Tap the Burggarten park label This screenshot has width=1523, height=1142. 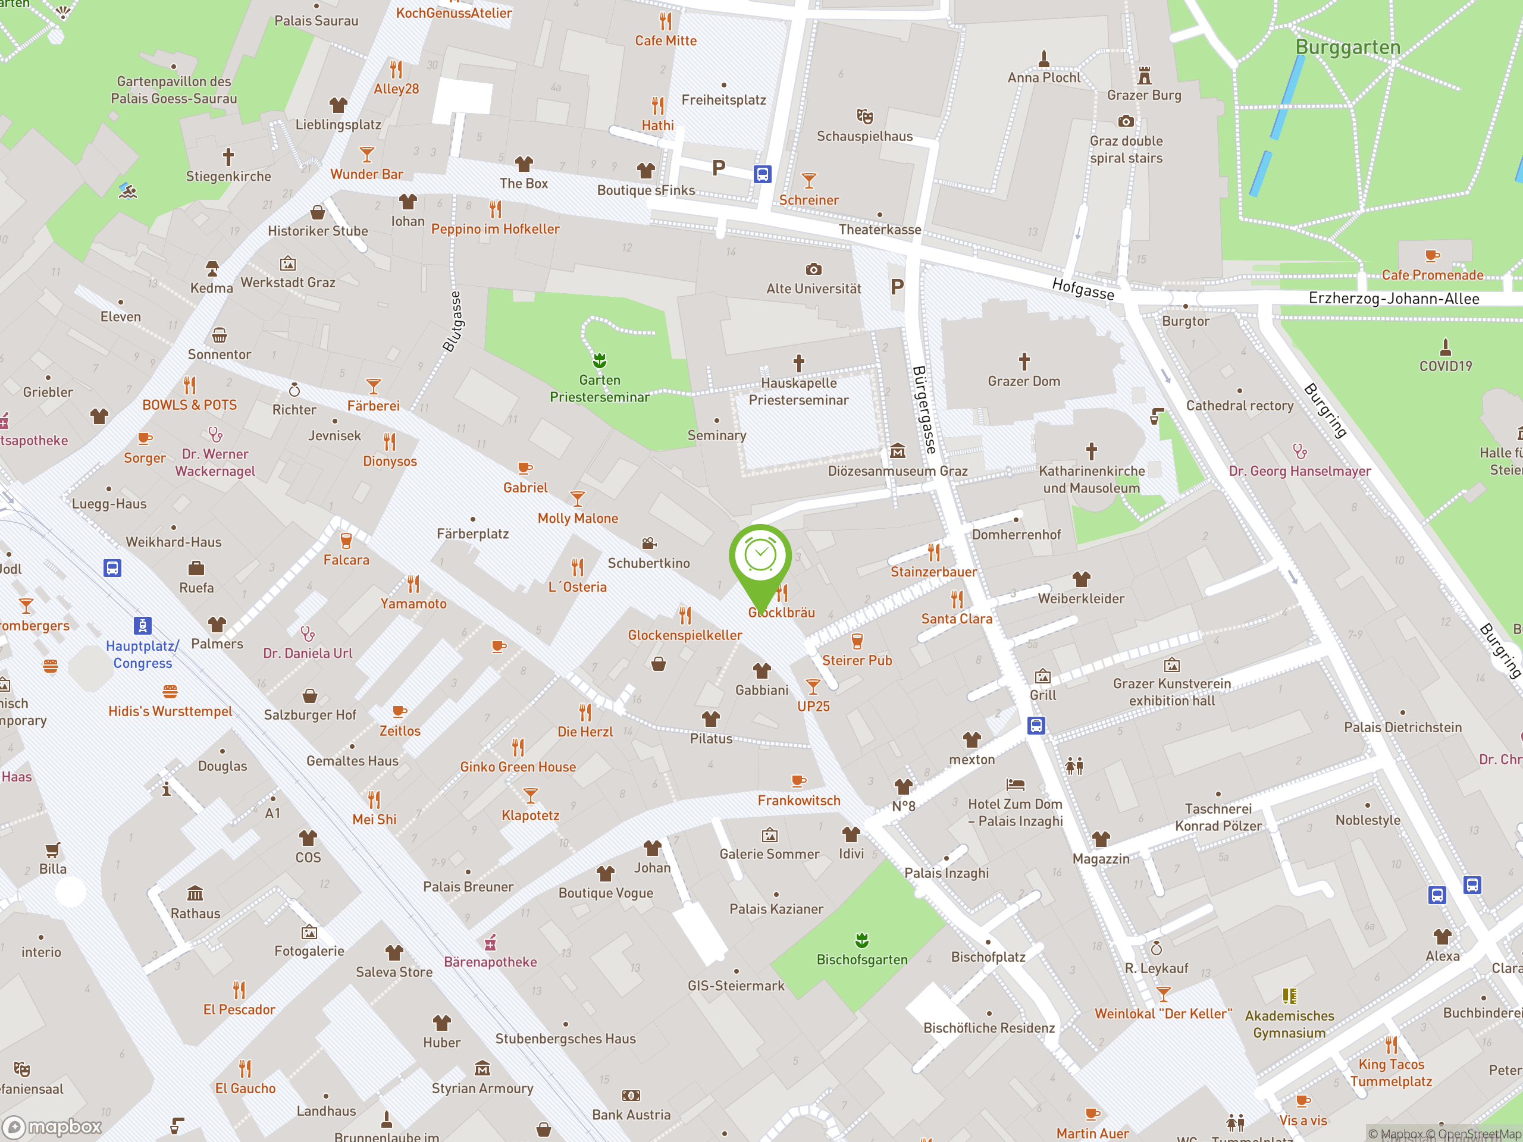(1347, 48)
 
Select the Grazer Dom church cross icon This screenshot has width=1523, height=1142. (1024, 362)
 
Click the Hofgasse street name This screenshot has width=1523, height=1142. (1082, 289)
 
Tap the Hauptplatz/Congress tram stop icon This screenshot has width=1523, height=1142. (142, 625)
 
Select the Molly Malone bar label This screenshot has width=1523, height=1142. (578, 518)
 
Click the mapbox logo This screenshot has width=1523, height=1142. (54, 1127)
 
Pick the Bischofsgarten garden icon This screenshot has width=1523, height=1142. (861, 940)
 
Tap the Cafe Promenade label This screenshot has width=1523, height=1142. (1432, 275)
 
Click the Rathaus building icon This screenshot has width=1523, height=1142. (195, 893)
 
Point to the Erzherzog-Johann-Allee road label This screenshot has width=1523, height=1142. (1393, 299)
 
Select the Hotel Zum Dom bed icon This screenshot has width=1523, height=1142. (1015, 784)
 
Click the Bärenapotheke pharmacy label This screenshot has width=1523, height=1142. (490, 962)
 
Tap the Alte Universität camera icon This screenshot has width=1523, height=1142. (813, 269)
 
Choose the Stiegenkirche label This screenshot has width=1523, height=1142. (228, 176)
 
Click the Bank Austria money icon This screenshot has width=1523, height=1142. (631, 1095)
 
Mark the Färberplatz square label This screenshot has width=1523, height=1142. (472, 534)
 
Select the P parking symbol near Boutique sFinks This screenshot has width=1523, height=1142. (718, 167)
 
